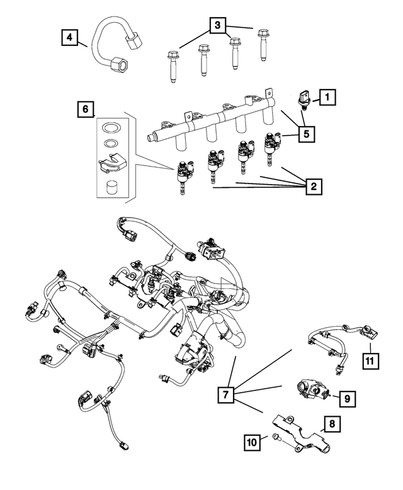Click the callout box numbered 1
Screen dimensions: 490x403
(x=327, y=97)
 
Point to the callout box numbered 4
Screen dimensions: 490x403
(x=70, y=37)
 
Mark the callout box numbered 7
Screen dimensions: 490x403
(x=227, y=395)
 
